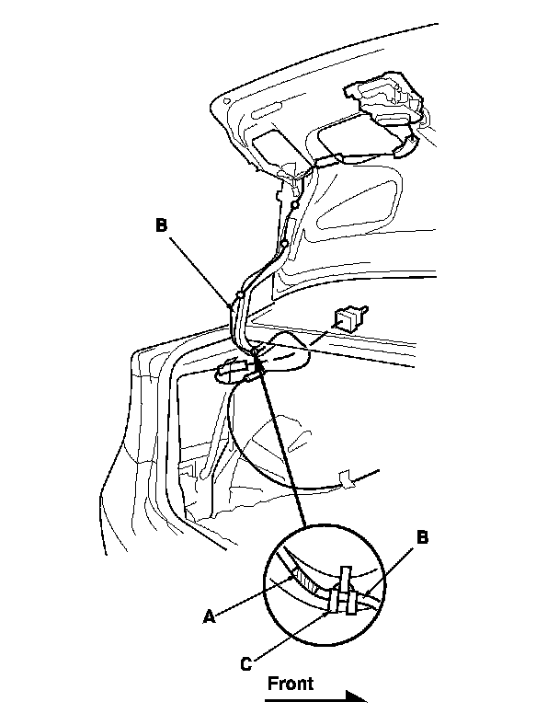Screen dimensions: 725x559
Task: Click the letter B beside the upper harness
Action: tap(162, 224)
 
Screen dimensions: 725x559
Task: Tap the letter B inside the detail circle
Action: tap(423, 538)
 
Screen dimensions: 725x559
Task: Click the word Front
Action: tap(291, 683)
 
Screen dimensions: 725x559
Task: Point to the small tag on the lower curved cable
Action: tap(348, 479)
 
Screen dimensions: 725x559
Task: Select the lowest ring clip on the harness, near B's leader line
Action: tap(238, 295)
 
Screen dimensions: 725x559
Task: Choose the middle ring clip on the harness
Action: tap(285, 244)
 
